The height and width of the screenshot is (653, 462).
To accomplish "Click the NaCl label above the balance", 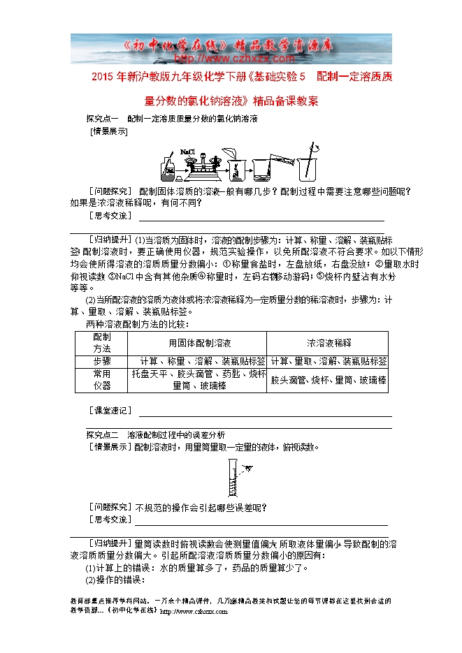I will [187, 151].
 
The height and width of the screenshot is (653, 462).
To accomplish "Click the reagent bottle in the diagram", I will [169, 167].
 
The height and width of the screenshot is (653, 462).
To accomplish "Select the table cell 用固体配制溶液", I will [199, 343].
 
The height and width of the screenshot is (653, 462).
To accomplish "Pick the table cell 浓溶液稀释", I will [329, 343].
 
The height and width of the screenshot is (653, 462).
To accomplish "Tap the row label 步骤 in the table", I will [102, 361].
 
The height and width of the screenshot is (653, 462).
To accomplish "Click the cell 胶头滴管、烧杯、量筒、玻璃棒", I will [329, 380].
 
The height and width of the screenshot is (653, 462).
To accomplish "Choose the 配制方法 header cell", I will [102, 342].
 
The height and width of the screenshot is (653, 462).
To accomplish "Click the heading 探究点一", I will [103, 119].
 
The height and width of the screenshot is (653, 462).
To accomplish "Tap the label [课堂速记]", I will [109, 411].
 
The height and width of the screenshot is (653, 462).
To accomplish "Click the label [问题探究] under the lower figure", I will [109, 507].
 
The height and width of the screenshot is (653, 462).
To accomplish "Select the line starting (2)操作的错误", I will [115, 580].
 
